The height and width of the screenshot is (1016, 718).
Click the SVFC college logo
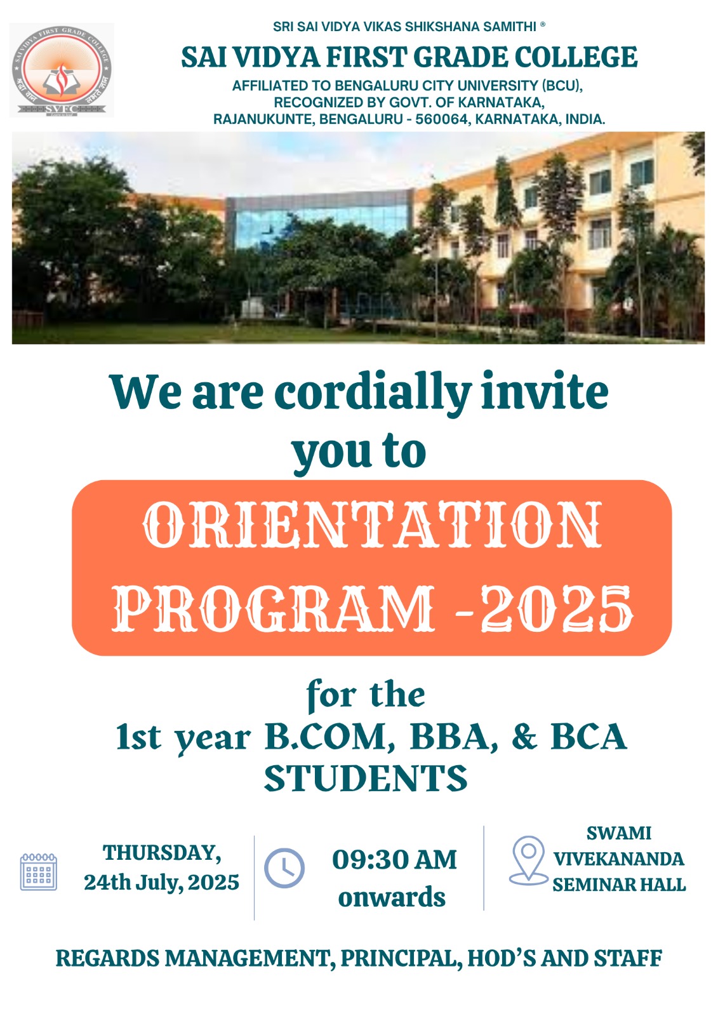click(x=61, y=70)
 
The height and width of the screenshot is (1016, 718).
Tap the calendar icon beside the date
click(x=39, y=871)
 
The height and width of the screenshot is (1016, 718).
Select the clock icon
click(x=284, y=867)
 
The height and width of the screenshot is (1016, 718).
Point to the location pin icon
click(x=529, y=860)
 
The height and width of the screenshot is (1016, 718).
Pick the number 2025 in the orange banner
click(x=557, y=609)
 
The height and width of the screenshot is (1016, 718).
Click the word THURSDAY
click(x=162, y=853)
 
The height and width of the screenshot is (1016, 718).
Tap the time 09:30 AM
click(x=394, y=860)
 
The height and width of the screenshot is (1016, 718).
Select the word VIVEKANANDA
click(x=619, y=859)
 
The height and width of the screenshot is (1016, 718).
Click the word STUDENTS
click(x=366, y=779)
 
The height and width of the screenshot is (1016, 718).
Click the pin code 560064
click(x=441, y=119)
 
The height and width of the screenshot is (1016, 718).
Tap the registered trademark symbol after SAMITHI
click(x=543, y=25)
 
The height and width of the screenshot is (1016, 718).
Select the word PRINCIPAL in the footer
click(x=401, y=958)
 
